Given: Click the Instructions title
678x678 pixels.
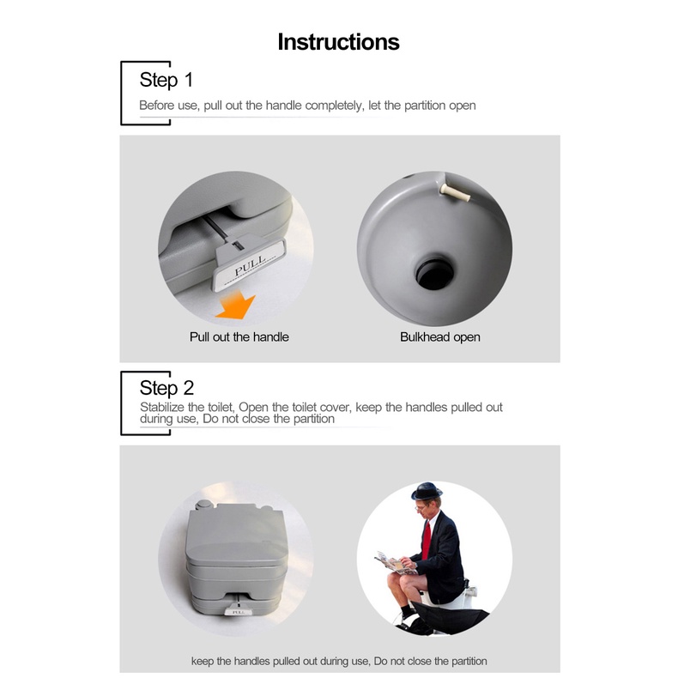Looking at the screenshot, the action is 338,42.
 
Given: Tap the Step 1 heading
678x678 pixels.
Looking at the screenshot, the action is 166,81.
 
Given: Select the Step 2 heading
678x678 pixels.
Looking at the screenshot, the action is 166,388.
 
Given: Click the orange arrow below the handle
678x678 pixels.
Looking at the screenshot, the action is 236,306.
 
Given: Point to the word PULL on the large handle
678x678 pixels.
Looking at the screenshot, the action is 250,265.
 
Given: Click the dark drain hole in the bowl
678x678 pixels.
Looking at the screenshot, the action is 434,275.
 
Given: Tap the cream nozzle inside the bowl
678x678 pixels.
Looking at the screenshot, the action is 455,192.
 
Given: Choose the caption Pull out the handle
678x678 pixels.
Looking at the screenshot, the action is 239,336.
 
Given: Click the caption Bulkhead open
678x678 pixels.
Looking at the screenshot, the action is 439,336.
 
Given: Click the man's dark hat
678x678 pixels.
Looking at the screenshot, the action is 427,491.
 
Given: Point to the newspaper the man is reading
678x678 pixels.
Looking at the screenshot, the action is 395,563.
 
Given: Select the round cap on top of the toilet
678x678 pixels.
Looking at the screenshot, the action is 203,505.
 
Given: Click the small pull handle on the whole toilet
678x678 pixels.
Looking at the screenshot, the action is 237,611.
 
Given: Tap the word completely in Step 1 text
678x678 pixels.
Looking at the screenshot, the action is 334,106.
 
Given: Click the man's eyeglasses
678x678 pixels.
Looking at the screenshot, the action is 420,507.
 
